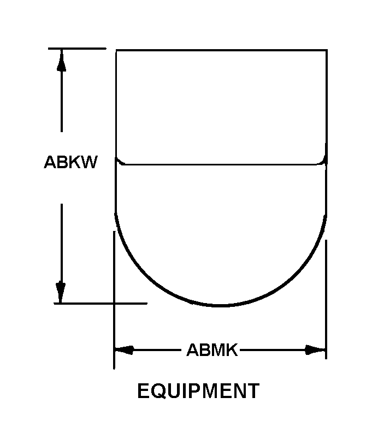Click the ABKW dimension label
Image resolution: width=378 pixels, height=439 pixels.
(x=70, y=163)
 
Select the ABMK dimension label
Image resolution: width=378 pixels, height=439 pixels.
(x=212, y=349)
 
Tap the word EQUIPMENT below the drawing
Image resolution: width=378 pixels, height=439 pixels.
(x=198, y=391)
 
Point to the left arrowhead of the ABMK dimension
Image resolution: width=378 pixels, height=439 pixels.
(x=125, y=349)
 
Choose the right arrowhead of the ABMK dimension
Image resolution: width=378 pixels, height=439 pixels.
(x=316, y=349)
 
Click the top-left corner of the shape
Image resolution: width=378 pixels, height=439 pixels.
(x=116, y=50)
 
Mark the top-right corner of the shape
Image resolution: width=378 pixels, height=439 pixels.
(x=327, y=50)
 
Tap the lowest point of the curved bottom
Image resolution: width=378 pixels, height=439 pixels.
(x=221, y=306)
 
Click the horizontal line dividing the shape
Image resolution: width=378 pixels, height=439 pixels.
(x=221, y=164)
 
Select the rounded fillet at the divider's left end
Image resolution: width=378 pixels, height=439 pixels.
(x=120, y=162)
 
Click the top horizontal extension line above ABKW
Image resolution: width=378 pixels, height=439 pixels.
(x=76, y=49)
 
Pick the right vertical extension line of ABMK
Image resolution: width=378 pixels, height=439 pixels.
(x=326, y=300)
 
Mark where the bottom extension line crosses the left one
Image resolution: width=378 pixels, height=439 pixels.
(x=114, y=303)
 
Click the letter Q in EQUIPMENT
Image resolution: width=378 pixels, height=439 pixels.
(x=159, y=391)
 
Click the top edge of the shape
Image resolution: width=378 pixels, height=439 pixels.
(x=221, y=50)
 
